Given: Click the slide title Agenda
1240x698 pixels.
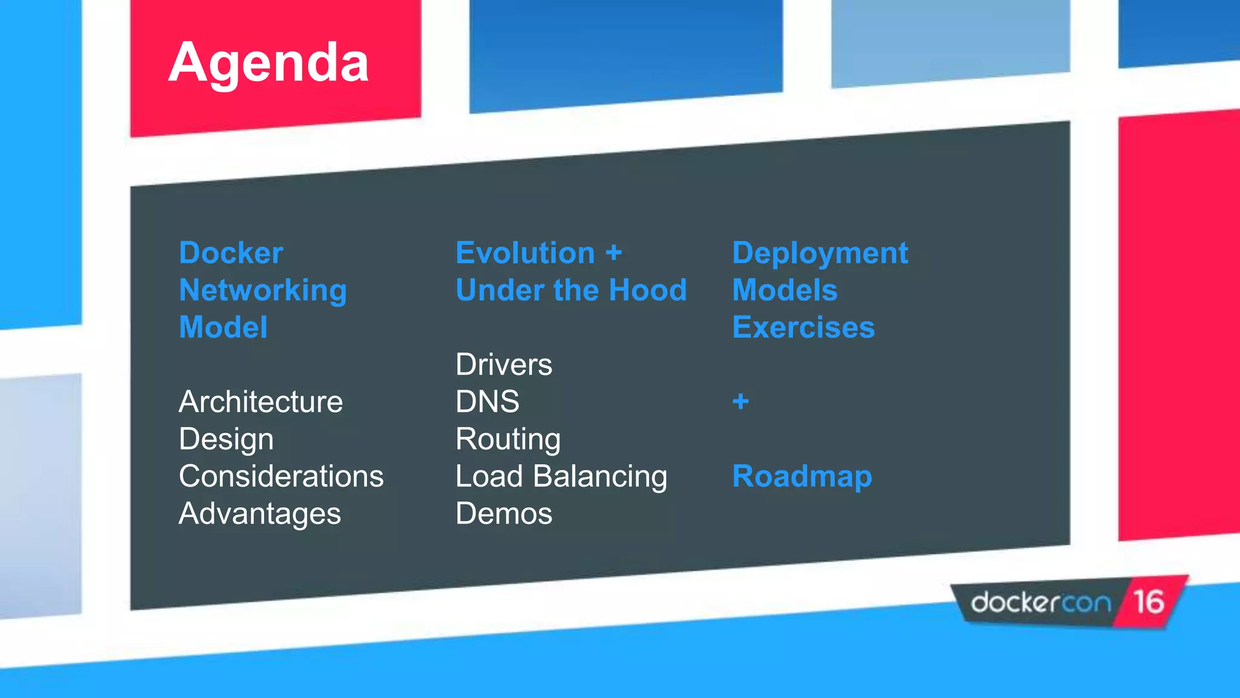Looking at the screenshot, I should coord(268,63).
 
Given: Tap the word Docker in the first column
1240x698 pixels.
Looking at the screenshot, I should coord(231,253).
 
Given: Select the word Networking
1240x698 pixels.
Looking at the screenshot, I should coord(263,290).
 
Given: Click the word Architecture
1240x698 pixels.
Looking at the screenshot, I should coord(260,402).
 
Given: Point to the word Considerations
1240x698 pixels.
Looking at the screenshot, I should coord(281,476).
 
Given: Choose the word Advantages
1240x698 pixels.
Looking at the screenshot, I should coord(260,514).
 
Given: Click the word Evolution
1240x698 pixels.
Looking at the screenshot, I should coord(525,253).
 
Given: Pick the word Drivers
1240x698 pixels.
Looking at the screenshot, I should coord(504,365).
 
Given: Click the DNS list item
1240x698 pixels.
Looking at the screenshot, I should coord(487,402).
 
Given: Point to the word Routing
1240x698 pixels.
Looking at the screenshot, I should coord(508,439).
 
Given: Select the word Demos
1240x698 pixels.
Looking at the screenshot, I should coord(504,514).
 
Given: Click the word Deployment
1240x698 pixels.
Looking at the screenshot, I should coord(820,253).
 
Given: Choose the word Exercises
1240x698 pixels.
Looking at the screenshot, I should coord(803,327).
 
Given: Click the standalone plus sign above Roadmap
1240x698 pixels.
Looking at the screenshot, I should coord(740,401).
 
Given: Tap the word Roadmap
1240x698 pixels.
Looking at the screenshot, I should coord(802,476).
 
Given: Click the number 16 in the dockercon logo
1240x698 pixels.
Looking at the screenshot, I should coord(1149,602).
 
